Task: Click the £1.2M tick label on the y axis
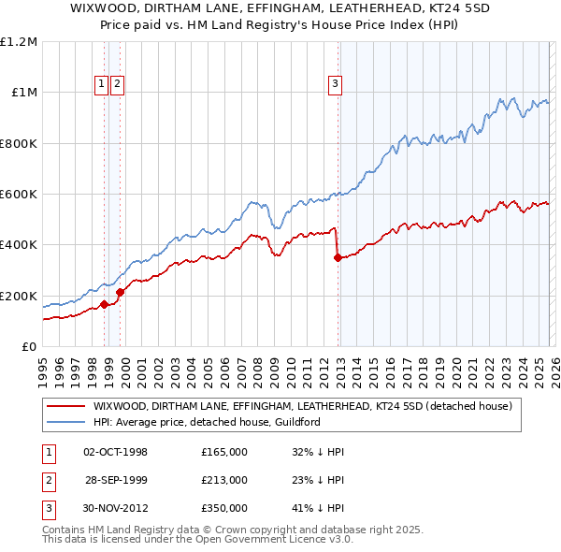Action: point(19,42)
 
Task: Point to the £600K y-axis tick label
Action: point(19,195)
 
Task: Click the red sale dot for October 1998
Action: point(104,304)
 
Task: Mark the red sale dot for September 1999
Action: point(121,292)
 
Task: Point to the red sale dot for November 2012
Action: point(338,257)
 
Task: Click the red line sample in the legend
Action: point(65,407)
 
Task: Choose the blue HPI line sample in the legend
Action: point(65,423)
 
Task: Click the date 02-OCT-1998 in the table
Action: point(116,452)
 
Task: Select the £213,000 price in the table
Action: point(224,480)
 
